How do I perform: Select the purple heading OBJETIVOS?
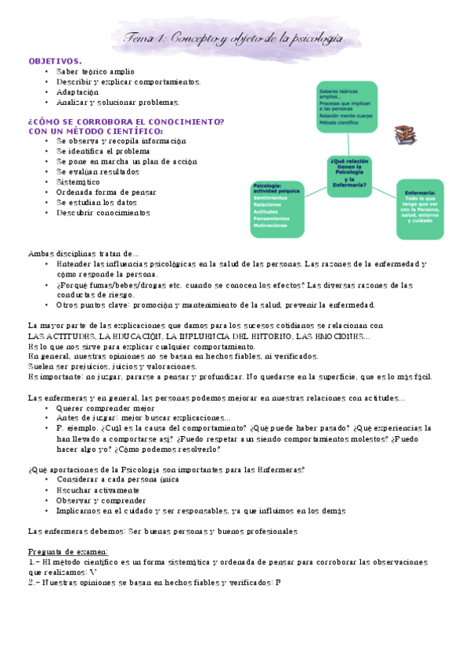[55, 60]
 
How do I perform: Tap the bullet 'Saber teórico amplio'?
[96, 71]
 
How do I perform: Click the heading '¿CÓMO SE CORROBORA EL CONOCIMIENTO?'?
[126, 122]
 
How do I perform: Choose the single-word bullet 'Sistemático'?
[78, 182]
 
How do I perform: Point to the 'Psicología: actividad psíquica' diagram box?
[276, 208]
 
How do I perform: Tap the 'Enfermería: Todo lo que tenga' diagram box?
[421, 206]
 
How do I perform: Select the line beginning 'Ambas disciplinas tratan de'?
[83, 253]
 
